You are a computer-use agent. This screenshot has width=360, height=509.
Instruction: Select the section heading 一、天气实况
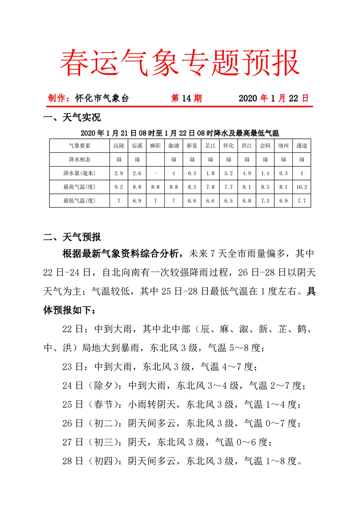pyautogui.click(x=72, y=118)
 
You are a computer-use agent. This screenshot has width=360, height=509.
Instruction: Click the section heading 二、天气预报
pyautogui.click(x=72, y=237)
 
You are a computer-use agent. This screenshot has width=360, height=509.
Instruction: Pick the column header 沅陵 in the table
pyautogui.click(x=118, y=146)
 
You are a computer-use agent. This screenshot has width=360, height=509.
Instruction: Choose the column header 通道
pyautogui.click(x=301, y=146)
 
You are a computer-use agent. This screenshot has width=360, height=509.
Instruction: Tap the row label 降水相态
pyautogui.click(x=79, y=159)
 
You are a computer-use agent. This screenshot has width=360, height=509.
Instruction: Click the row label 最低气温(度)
pyautogui.click(x=79, y=200)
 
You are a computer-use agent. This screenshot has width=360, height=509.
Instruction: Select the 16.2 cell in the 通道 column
pyautogui.click(x=301, y=186)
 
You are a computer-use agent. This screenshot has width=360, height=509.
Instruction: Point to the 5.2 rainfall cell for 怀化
pyautogui.click(x=228, y=173)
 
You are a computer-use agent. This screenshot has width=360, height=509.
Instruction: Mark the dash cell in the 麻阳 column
pyautogui.click(x=155, y=173)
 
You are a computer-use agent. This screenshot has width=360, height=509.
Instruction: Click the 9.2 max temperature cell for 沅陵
pyautogui.click(x=118, y=186)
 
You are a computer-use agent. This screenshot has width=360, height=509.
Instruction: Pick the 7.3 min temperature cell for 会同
pyautogui.click(x=265, y=200)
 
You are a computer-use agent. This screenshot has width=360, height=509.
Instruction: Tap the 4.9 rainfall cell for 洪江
pyautogui.click(x=247, y=173)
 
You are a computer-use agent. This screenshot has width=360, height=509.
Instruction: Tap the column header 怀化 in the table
pyautogui.click(x=228, y=146)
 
